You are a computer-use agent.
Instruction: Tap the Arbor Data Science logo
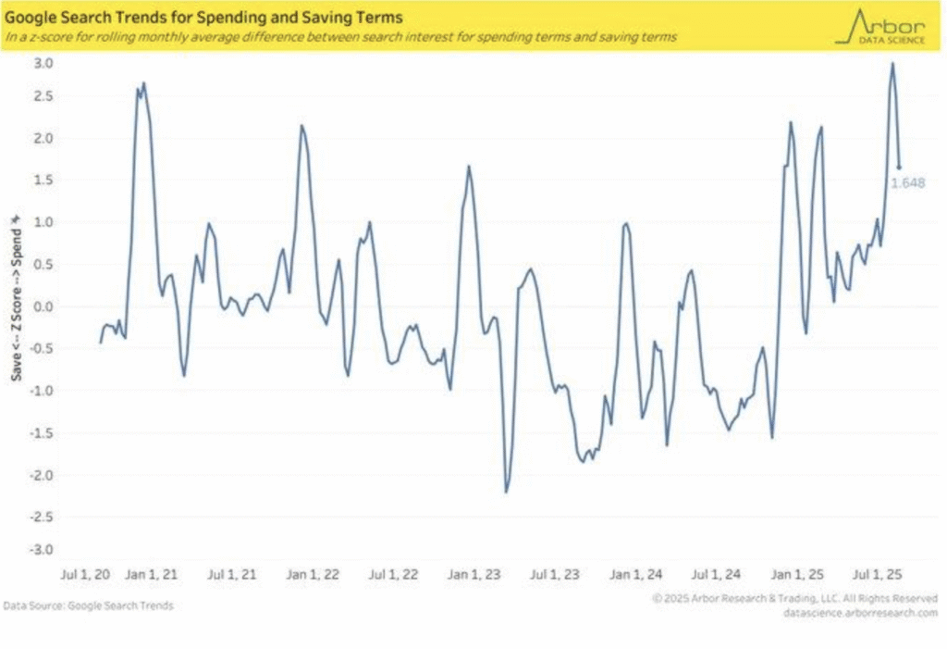click(884, 25)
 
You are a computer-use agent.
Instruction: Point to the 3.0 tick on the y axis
click(44, 63)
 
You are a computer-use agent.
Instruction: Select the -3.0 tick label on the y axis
click(43, 550)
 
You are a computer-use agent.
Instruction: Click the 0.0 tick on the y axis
click(44, 306)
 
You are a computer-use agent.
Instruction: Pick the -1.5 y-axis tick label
click(43, 432)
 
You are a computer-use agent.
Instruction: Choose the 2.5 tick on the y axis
click(44, 96)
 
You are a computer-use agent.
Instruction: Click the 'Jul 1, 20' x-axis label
click(84, 575)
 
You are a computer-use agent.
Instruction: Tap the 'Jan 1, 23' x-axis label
click(474, 575)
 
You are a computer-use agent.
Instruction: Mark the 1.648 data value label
click(907, 183)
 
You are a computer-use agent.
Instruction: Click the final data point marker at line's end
click(899, 168)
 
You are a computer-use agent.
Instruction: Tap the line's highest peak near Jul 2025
click(892, 64)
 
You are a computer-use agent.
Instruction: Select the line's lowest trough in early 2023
click(506, 492)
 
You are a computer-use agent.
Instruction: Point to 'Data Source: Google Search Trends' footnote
click(88, 605)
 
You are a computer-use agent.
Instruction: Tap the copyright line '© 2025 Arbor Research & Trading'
click(794, 599)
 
